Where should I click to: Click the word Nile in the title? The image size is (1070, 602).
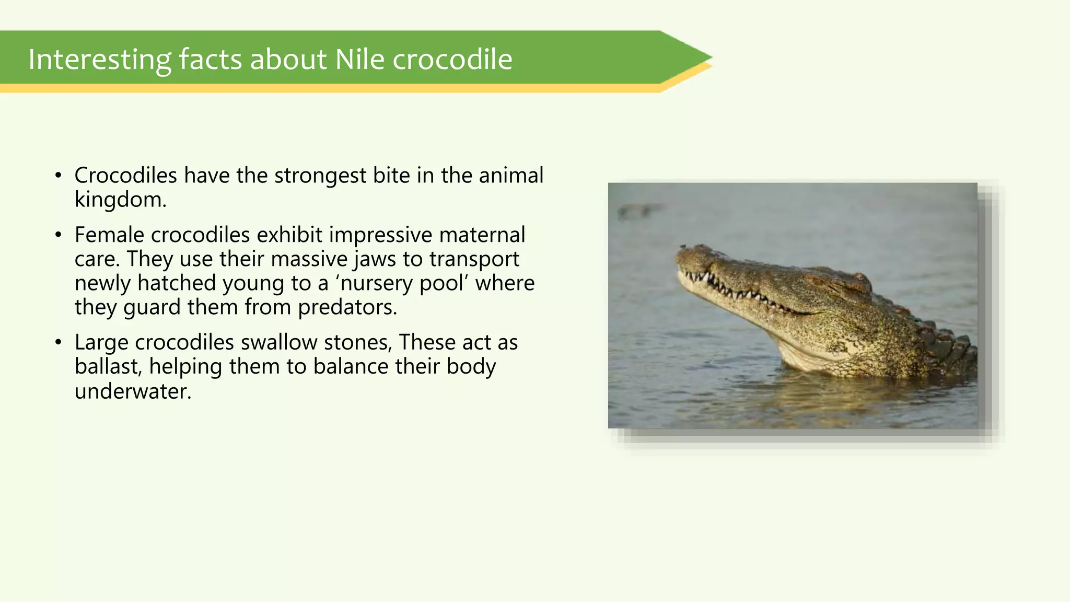[x=359, y=59]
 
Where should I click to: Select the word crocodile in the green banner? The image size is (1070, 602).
[x=452, y=59]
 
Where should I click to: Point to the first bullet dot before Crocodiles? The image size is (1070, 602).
[x=58, y=176]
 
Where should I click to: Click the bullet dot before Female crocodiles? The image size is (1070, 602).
[x=58, y=235]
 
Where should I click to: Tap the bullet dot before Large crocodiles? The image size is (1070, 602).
[x=58, y=343]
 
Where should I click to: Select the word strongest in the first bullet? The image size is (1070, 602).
[x=320, y=176]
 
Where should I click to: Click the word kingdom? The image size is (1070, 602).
[x=120, y=200]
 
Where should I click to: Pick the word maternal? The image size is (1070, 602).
[x=482, y=235]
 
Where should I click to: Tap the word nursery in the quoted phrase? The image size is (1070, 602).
[x=377, y=283]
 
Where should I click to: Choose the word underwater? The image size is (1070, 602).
[x=133, y=391]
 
